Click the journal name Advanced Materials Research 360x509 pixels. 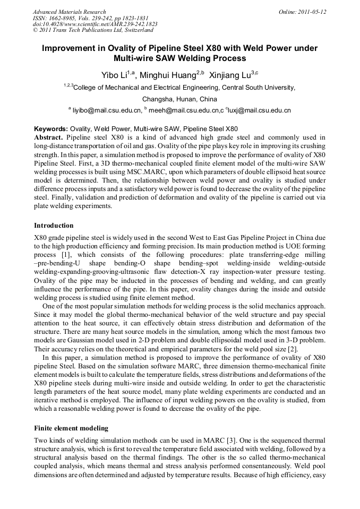coord(69,12)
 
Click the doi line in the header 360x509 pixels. coord(95,24)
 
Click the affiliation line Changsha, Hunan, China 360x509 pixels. coord(179,99)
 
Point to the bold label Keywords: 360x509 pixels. coord(51,128)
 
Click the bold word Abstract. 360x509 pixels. coord(48,137)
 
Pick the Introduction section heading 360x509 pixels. coord(54,226)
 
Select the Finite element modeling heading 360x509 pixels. coord(71,428)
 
